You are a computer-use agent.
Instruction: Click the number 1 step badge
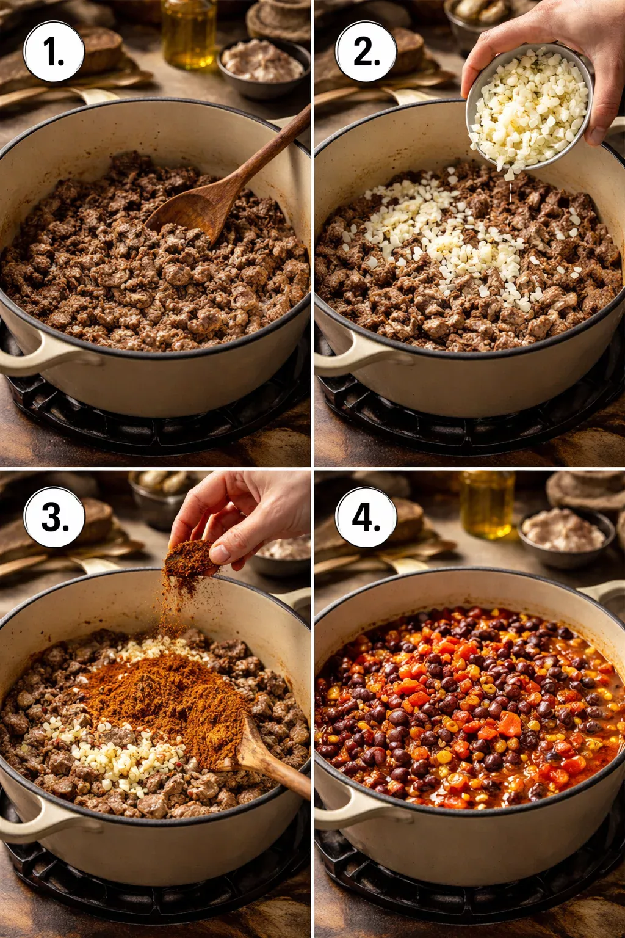(x=54, y=52)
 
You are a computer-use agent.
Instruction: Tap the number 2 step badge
(x=366, y=52)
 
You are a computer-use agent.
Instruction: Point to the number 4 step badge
(x=366, y=517)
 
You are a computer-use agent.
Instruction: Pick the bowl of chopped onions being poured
(x=529, y=107)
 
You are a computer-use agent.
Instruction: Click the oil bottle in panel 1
(x=189, y=34)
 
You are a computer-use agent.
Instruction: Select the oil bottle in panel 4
(x=486, y=503)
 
